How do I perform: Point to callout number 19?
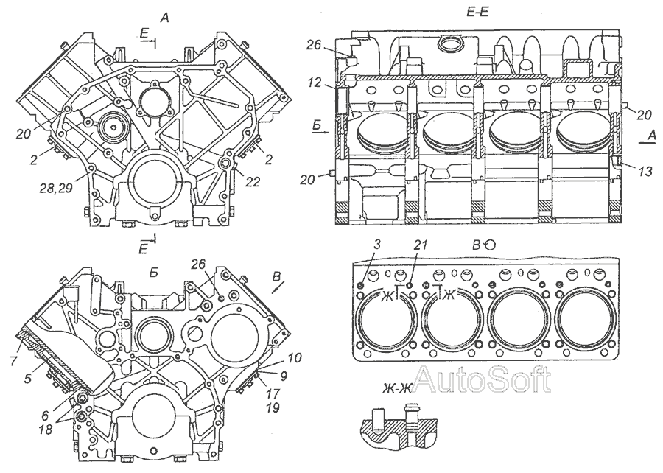point(272,406)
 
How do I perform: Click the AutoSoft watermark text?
point(482,379)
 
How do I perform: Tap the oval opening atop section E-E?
point(449,46)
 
